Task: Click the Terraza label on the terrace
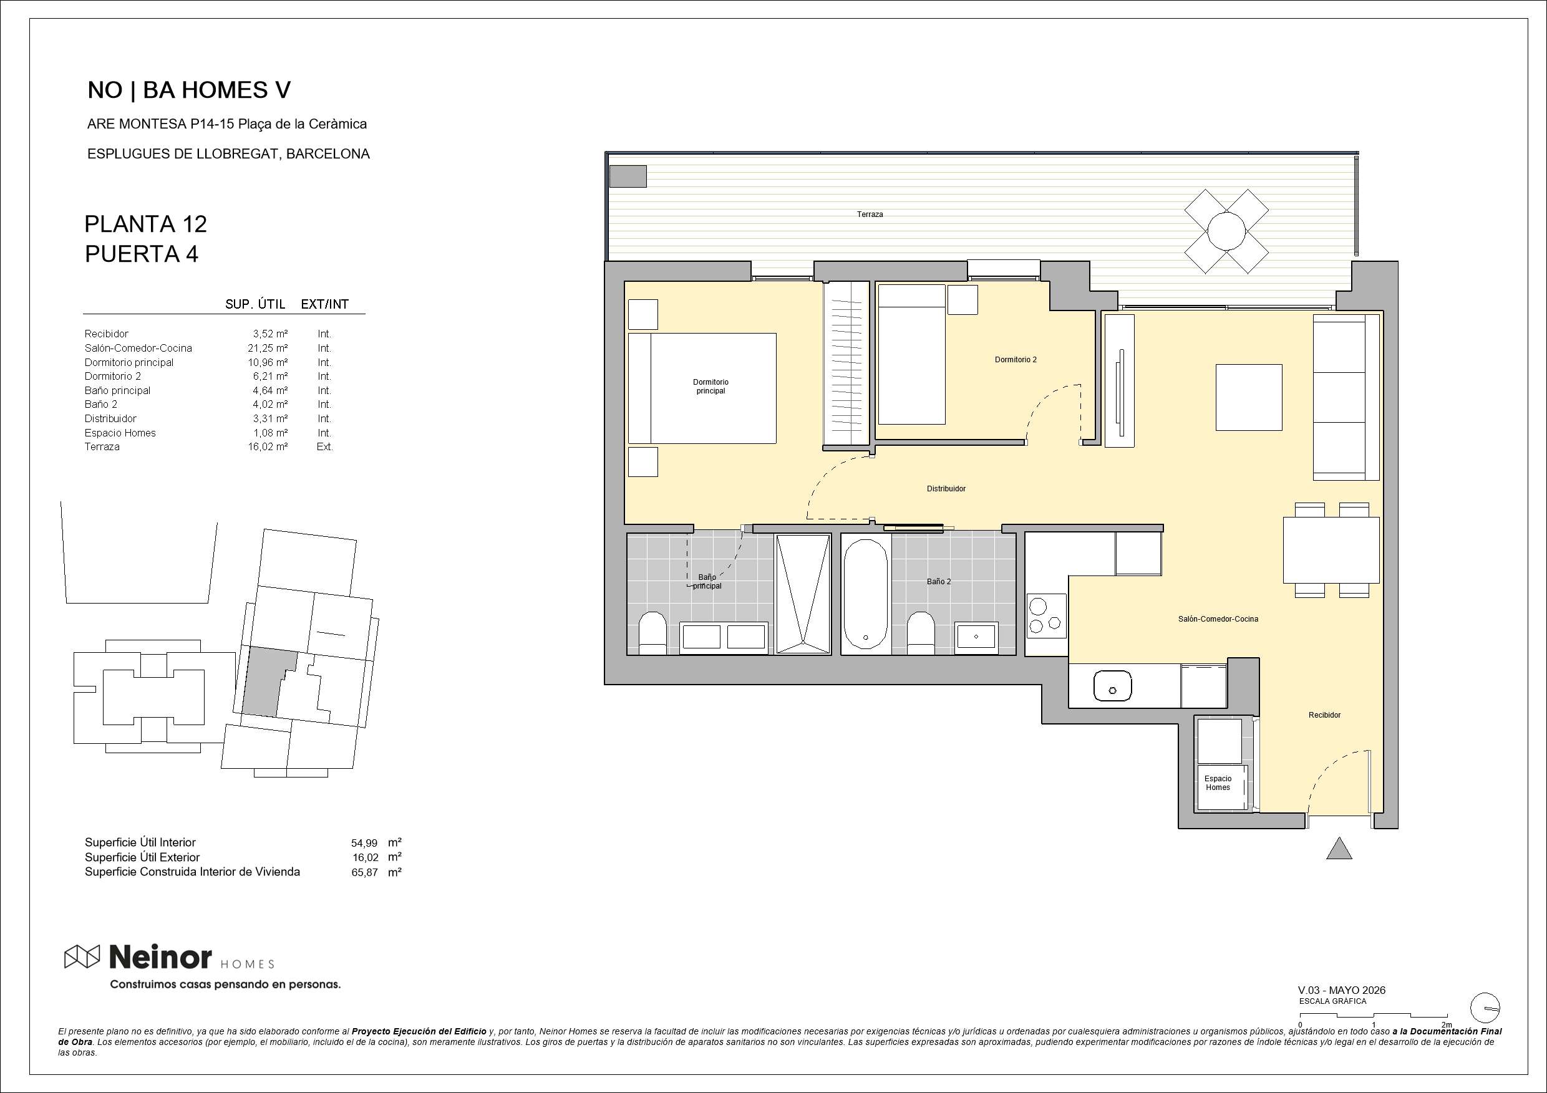870,214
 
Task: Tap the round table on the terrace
1226,231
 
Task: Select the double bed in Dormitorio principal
702,388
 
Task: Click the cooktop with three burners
1046,615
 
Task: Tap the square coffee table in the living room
1248,397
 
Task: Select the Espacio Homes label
1218,782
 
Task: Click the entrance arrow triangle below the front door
1339,849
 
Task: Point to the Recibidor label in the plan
1325,715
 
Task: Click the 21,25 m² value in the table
268,348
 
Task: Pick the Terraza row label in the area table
102,446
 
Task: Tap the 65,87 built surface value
364,872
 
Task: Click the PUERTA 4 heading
142,254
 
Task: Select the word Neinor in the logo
160,956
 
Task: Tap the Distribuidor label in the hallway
946,489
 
